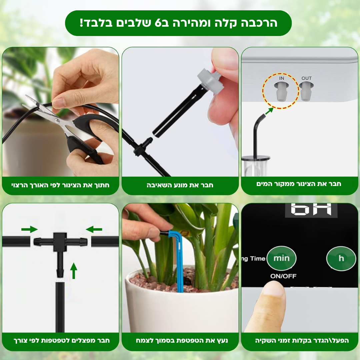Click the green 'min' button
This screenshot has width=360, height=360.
point(281,258)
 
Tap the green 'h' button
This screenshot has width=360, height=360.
point(341,258)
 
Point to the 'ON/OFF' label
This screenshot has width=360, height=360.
point(283,276)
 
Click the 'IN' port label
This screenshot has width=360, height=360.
point(282,78)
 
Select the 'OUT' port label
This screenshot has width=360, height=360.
point(307,78)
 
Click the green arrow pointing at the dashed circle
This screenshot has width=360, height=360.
point(269,111)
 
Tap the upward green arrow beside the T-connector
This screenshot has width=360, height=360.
point(73,271)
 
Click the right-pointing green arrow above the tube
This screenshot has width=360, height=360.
point(29,229)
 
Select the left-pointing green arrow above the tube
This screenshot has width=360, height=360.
point(94,229)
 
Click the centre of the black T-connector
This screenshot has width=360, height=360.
point(60,242)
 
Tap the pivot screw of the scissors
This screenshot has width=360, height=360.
point(57,120)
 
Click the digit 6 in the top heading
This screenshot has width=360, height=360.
point(158,23)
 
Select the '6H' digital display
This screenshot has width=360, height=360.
point(311,209)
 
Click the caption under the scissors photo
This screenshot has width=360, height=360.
point(60,185)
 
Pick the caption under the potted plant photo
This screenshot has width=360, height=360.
point(182,340)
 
